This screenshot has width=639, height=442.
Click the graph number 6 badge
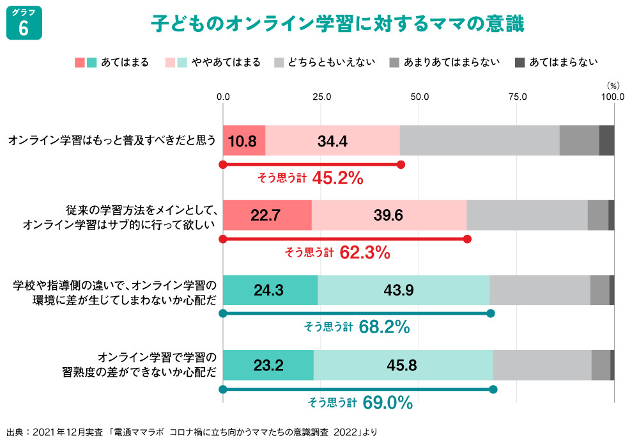coord(24,24)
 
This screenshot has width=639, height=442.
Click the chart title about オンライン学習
coord(337,24)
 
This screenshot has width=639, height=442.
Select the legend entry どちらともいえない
coord(325,62)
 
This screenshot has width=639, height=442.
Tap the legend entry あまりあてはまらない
coord(444,62)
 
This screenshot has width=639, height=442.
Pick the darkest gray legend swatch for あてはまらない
coord(520,62)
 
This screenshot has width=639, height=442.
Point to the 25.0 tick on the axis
coord(321,97)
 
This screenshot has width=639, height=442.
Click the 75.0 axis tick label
coord(516,97)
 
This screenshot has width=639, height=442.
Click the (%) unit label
coord(613,84)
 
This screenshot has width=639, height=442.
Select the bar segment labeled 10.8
coord(243,141)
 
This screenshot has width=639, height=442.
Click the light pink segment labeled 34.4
coord(332,141)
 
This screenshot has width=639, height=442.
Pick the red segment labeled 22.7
coord(266,215)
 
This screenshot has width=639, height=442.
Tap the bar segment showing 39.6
coord(389,215)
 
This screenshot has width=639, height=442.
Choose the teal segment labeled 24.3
coord(270,290)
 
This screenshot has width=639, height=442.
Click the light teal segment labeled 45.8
coord(403,365)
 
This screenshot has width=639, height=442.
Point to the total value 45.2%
coord(337,178)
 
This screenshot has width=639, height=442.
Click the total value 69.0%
coord(387,403)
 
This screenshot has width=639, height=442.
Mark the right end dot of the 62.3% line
coord(467,239)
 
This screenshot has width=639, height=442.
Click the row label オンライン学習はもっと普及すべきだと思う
coord(112,140)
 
